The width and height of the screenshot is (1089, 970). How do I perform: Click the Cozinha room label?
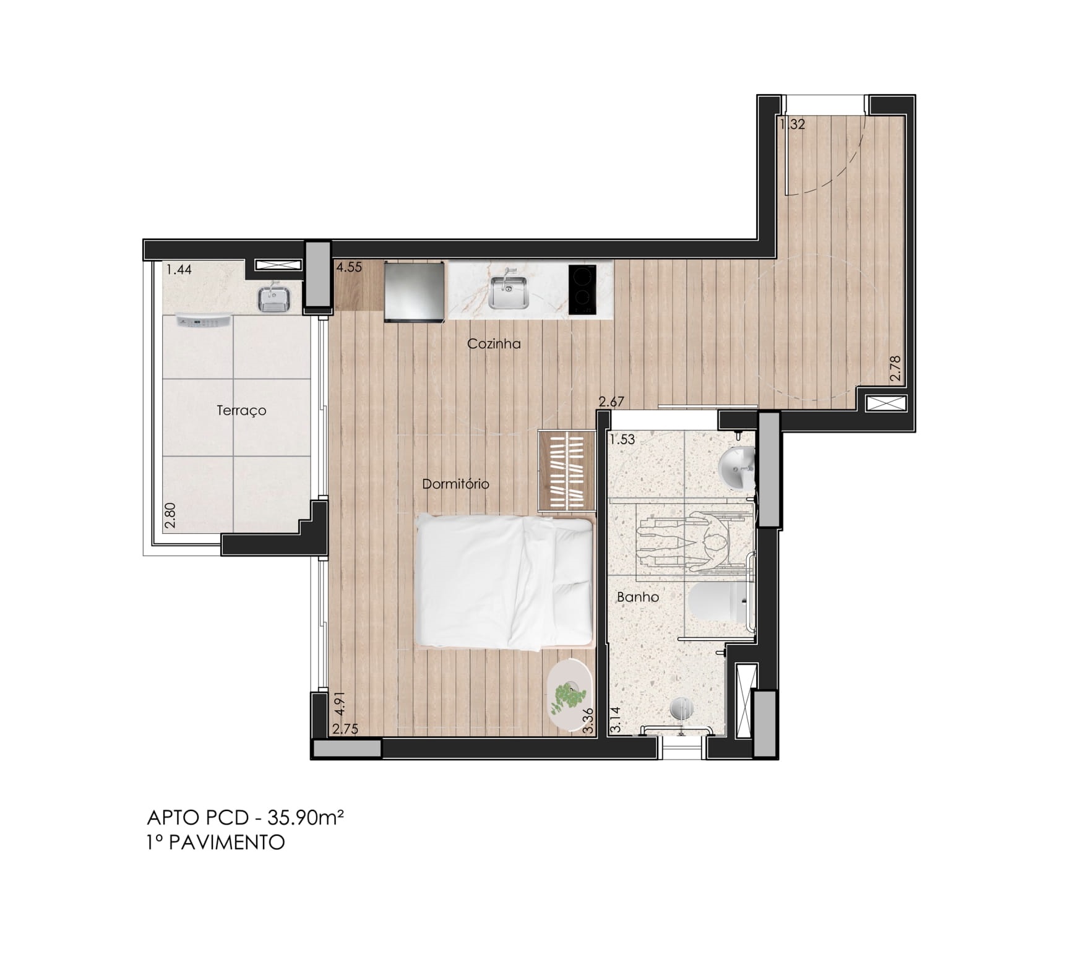[494, 344]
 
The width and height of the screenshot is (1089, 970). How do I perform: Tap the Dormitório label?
[455, 484]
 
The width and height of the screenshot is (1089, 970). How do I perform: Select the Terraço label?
[241, 411]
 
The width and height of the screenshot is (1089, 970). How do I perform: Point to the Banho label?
[638, 598]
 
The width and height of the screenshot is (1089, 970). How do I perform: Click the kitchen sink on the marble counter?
[507, 291]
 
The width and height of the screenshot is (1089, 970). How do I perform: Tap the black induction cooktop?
[582, 290]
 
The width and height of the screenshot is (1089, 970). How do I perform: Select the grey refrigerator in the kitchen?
[415, 291]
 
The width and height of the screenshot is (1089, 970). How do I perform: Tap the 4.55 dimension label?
[348, 268]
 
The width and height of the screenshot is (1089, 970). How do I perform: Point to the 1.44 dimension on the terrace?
[179, 269]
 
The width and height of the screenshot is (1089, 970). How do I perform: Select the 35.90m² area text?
[305, 818]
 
